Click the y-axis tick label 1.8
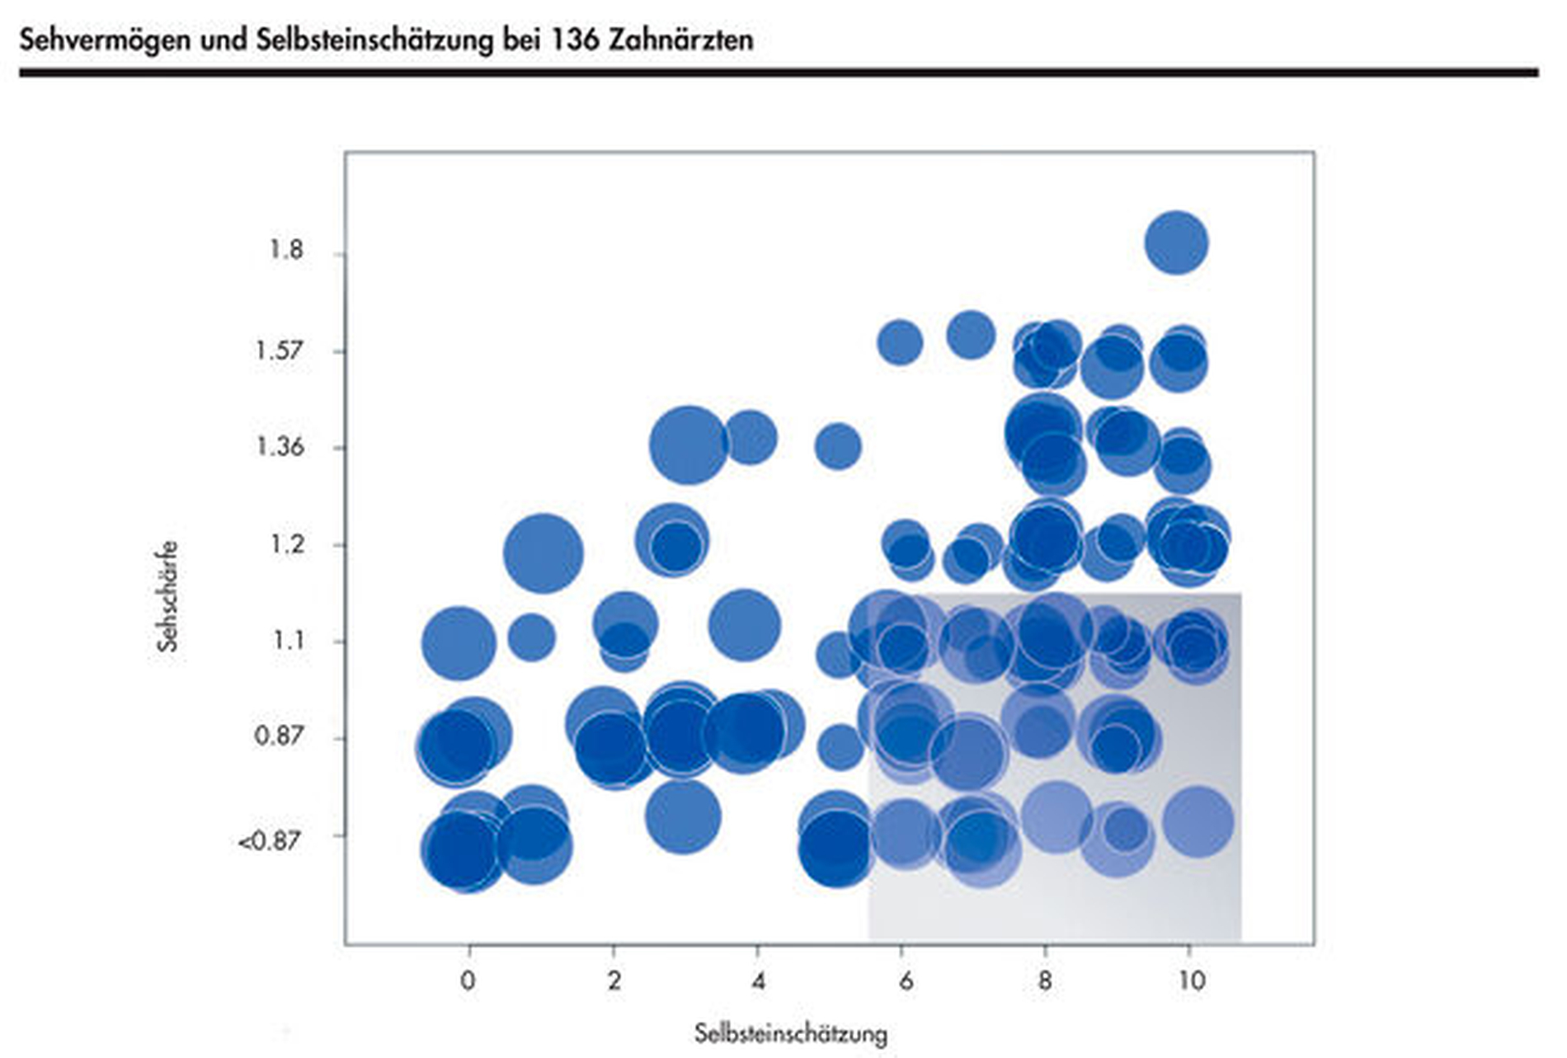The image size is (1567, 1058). [x=286, y=249]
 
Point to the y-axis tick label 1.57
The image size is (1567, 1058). [x=279, y=350]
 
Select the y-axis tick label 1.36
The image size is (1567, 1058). [x=280, y=447]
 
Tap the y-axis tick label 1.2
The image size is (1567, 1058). [x=286, y=544]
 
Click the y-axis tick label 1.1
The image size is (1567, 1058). [x=288, y=640]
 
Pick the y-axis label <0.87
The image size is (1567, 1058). [x=269, y=841]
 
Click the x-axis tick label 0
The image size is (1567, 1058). [x=468, y=980]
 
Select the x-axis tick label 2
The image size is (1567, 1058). [x=614, y=980]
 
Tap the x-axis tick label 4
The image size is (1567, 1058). [x=758, y=980]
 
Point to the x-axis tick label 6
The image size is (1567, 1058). [x=906, y=980]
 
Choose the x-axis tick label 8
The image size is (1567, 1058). [x=1045, y=980]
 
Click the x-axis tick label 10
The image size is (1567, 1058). [x=1190, y=980]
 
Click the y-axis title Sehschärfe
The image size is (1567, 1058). [x=167, y=596]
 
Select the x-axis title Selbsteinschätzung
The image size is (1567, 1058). [x=790, y=1033]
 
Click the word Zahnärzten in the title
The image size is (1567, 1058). [x=681, y=40]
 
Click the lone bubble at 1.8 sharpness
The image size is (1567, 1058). [x=1176, y=242]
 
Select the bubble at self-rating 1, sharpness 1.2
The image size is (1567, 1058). [x=543, y=553]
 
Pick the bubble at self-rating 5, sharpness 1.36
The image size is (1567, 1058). [x=838, y=446]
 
